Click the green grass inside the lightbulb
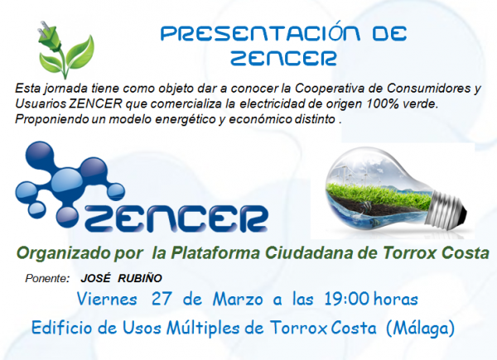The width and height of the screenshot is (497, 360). coord(377,194)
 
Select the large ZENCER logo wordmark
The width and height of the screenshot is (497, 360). coord(176,218)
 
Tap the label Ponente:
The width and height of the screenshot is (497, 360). coord(47,278)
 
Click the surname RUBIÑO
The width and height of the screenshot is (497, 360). coord(140,278)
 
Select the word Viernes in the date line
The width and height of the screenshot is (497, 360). coord(107,299)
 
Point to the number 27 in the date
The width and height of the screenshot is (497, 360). coord(162,299)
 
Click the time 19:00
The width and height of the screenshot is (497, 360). coord(346,299)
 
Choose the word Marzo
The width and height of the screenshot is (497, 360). coord(238,299)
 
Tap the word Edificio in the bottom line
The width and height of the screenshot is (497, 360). coord(62,328)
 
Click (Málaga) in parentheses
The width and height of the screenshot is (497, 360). coord(421,328)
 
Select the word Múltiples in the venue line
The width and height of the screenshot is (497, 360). coord(203,328)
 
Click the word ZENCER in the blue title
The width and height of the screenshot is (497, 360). coord(283,58)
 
